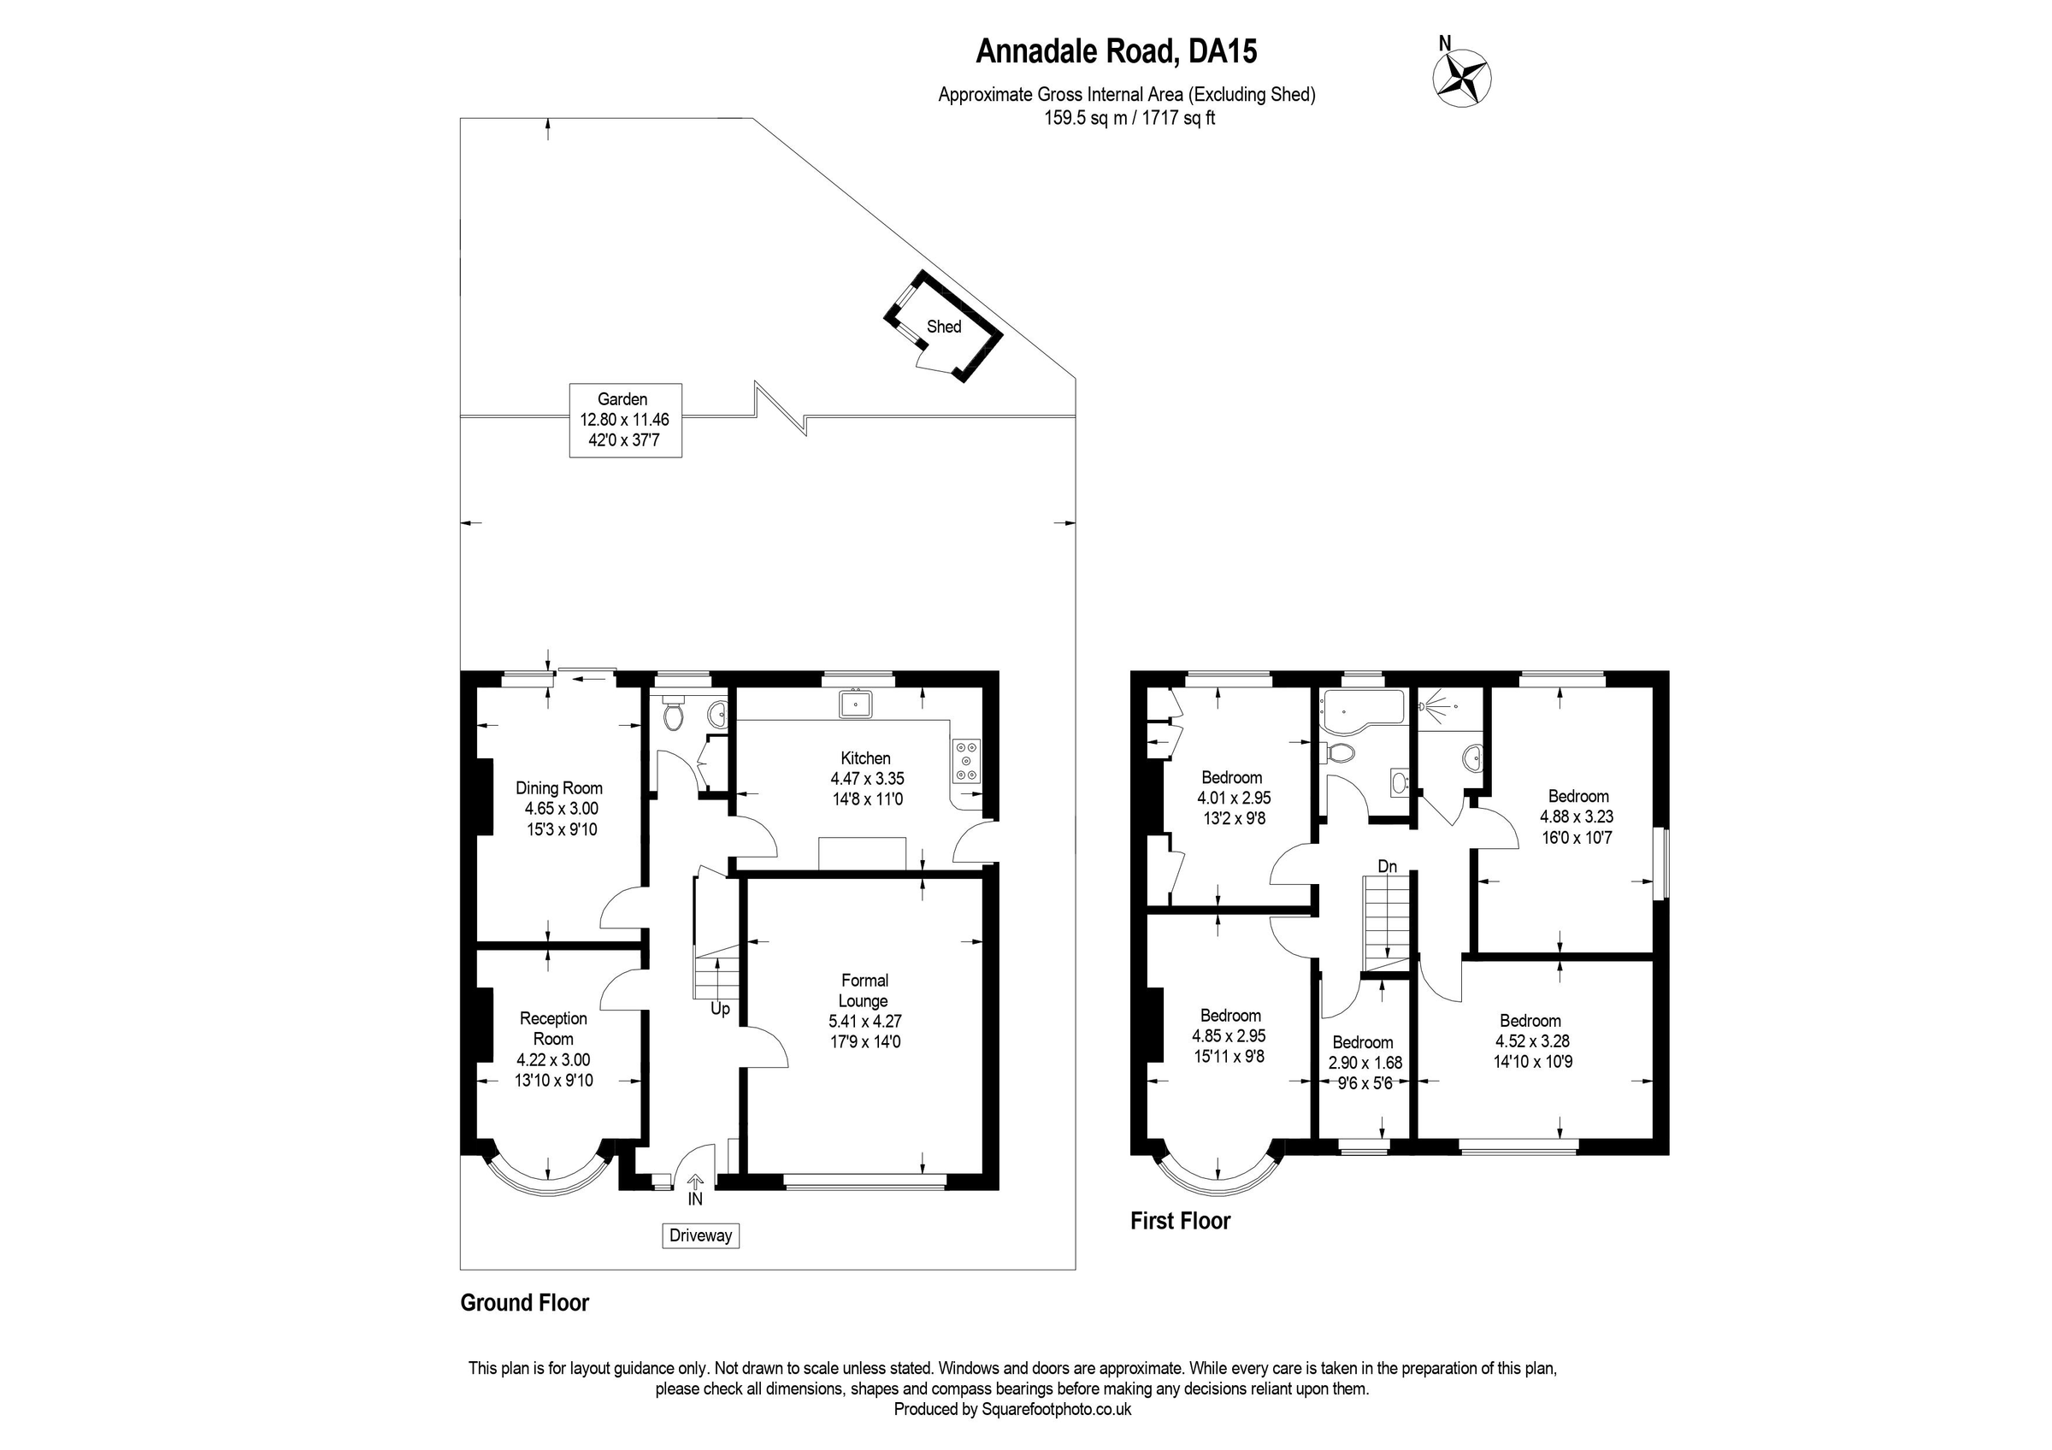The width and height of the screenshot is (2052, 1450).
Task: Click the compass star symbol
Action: coord(1462,77)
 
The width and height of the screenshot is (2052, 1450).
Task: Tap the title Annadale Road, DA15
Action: coord(1117,51)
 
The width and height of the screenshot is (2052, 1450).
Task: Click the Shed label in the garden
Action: coord(944,327)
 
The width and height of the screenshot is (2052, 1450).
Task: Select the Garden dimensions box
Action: coord(626,420)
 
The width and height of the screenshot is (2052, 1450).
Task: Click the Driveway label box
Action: coord(701,1235)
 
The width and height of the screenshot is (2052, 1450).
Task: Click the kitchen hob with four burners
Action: coord(966,761)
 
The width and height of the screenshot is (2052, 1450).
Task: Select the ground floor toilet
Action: coord(672,710)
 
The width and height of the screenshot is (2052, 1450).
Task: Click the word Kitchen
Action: coord(865,758)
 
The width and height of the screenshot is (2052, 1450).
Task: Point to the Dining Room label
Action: coord(558,788)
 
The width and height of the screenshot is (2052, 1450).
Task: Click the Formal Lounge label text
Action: coord(864,991)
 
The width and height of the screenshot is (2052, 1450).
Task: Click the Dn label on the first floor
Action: coord(1387,866)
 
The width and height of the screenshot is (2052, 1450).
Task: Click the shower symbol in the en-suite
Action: coord(1438,704)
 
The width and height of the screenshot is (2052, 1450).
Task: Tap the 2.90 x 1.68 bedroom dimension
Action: coord(1365,1064)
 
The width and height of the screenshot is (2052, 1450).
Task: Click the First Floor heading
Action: coord(1180,1220)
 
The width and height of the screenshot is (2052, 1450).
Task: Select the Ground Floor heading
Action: coord(525,1303)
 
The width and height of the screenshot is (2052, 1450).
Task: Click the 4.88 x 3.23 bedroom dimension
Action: coord(1577,816)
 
